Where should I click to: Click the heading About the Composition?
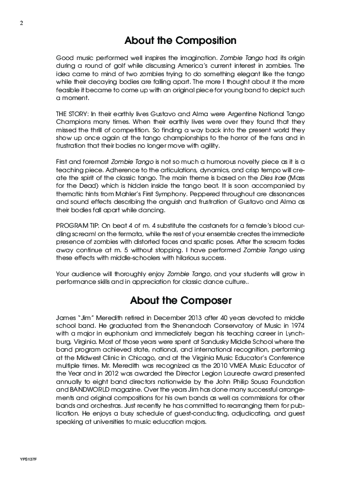(x=180, y=41)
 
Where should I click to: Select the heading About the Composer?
(x=180, y=301)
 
